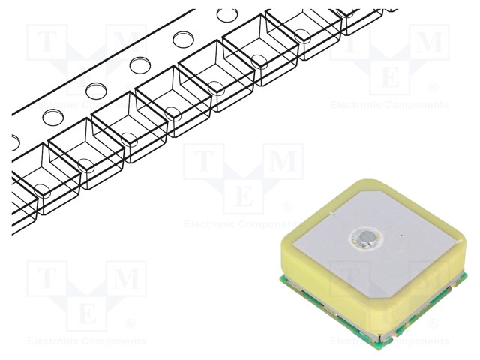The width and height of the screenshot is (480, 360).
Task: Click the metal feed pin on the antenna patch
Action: click(364, 238)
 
